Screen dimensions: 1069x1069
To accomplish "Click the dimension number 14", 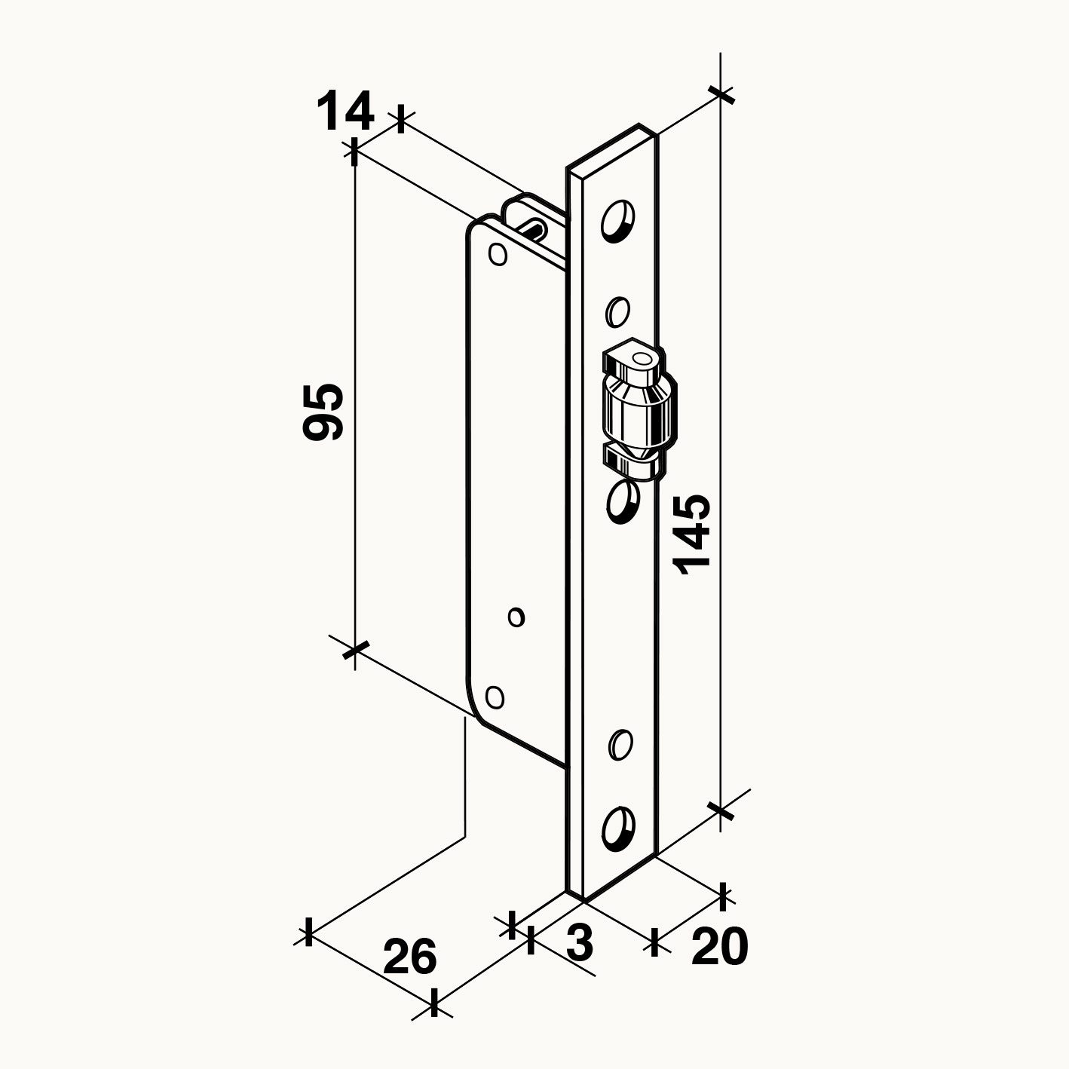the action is (x=345, y=112).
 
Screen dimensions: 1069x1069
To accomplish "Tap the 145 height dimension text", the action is (x=691, y=534).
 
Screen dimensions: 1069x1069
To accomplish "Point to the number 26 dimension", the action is (x=410, y=956).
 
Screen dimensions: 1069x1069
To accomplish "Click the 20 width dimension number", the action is (x=719, y=945).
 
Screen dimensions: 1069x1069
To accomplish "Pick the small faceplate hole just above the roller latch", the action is (x=617, y=311).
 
